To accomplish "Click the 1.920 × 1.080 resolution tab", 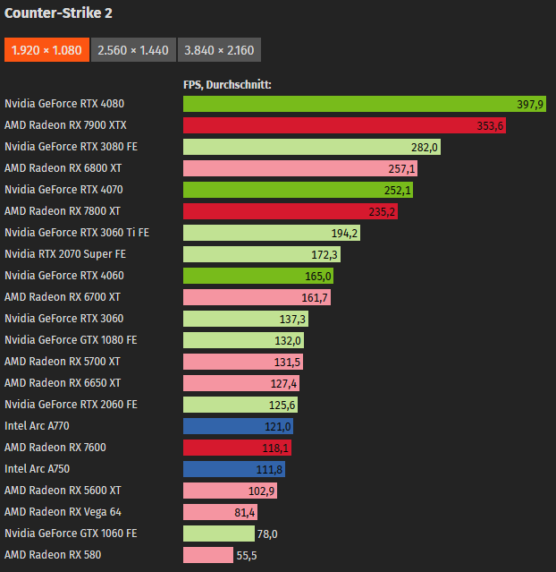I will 46,50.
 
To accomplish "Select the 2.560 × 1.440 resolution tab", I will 133,50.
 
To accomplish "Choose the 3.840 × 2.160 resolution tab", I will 219,50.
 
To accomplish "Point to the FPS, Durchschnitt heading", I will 227,85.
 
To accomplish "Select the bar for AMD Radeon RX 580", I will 207,555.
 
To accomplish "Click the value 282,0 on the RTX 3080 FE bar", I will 424,147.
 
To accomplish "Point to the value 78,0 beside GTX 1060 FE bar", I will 267,534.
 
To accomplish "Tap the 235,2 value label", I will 382,211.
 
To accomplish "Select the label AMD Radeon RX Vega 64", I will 63,512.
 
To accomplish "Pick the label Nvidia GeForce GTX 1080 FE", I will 71,340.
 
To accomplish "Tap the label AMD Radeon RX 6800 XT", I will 63,168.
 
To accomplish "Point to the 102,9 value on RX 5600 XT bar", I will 262,491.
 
